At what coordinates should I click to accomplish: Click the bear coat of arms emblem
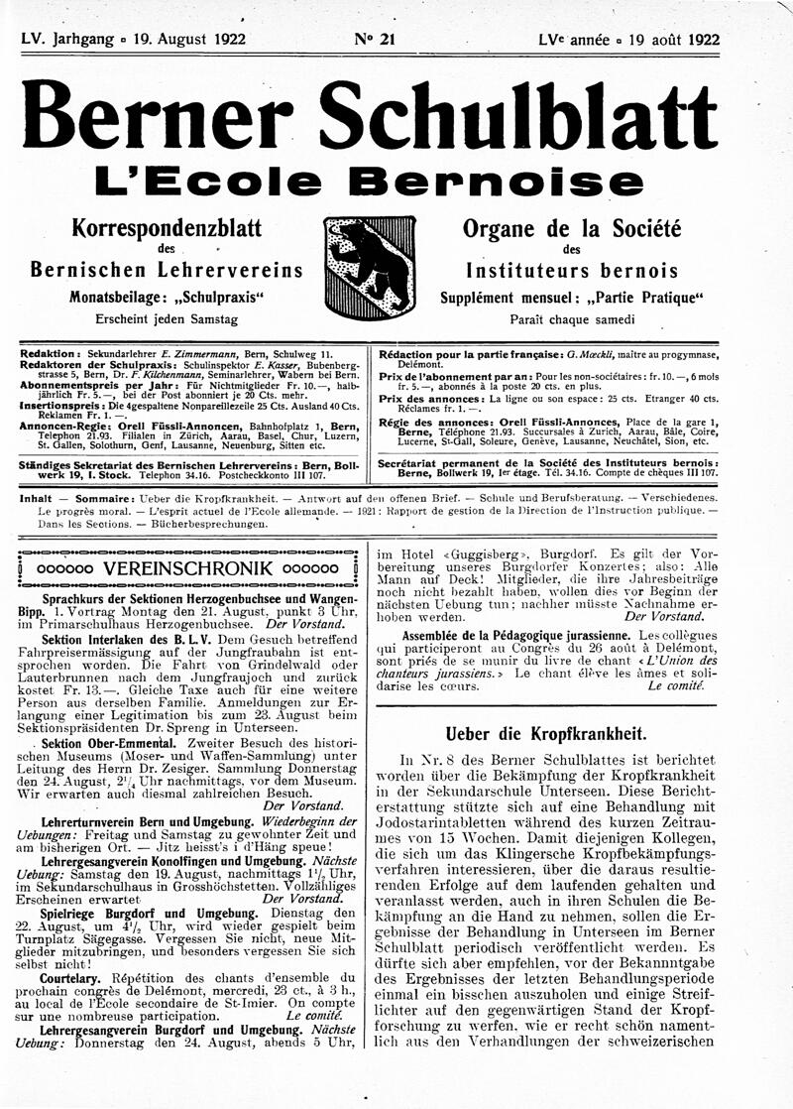[x=369, y=267]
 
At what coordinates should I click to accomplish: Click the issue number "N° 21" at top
[x=373, y=40]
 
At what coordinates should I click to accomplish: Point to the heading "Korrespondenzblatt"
[x=167, y=229]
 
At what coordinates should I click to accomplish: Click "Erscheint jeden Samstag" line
[x=166, y=320]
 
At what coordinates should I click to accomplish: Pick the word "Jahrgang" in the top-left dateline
[x=99, y=40]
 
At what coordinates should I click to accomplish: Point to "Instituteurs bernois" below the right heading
[x=572, y=271]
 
